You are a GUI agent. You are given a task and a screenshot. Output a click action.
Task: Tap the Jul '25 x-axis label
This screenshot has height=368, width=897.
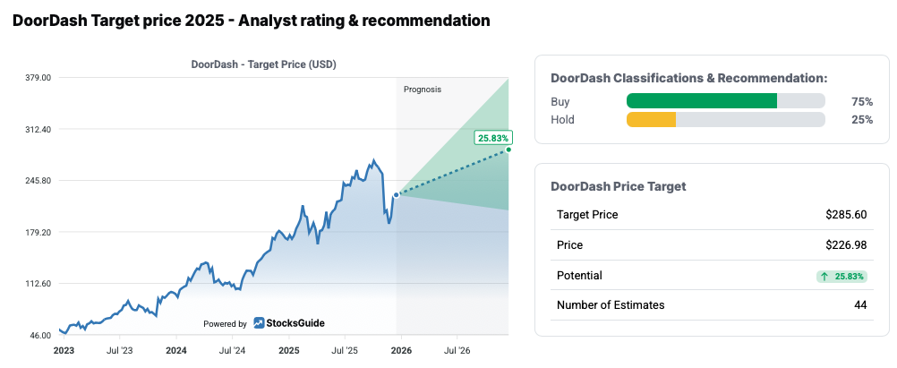pyautogui.click(x=345, y=351)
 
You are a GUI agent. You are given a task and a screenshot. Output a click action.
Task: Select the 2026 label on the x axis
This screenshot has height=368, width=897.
pyautogui.click(x=400, y=351)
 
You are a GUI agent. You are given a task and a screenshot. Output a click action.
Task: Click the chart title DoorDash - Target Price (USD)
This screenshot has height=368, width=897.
pyautogui.click(x=263, y=64)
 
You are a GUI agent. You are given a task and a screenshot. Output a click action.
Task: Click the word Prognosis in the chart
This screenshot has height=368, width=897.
pyautogui.click(x=423, y=90)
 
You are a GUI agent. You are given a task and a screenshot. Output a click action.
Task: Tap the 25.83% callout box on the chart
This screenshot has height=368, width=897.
pyautogui.click(x=493, y=138)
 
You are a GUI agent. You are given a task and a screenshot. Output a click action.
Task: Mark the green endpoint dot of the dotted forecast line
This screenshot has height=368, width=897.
pyautogui.click(x=508, y=150)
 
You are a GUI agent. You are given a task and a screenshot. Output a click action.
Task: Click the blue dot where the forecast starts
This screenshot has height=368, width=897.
pyautogui.click(x=397, y=194)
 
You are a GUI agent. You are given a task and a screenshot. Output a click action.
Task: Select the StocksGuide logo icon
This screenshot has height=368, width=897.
pyautogui.click(x=259, y=323)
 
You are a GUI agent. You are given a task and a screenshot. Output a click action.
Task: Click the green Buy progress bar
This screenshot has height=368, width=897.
pyautogui.click(x=702, y=101)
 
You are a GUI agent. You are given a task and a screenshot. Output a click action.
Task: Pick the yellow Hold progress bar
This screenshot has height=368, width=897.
pyautogui.click(x=651, y=119)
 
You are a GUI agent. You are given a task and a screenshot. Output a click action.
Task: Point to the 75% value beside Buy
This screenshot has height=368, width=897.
pyautogui.click(x=861, y=102)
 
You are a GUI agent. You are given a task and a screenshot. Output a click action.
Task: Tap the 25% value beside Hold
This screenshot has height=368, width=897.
pyautogui.click(x=861, y=120)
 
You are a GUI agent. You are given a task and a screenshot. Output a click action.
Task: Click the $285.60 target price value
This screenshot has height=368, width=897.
pyautogui.click(x=846, y=215)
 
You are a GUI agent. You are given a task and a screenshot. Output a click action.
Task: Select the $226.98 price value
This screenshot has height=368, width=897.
pyautogui.click(x=846, y=245)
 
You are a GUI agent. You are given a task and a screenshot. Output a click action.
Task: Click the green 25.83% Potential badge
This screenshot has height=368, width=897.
pyautogui.click(x=841, y=276)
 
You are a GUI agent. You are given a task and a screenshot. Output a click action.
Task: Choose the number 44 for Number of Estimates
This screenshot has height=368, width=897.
pyautogui.click(x=859, y=305)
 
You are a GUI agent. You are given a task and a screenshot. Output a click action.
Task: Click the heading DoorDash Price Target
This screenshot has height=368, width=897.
pyautogui.click(x=618, y=186)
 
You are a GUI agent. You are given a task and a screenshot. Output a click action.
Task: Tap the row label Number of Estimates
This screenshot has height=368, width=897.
pyautogui.click(x=611, y=305)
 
